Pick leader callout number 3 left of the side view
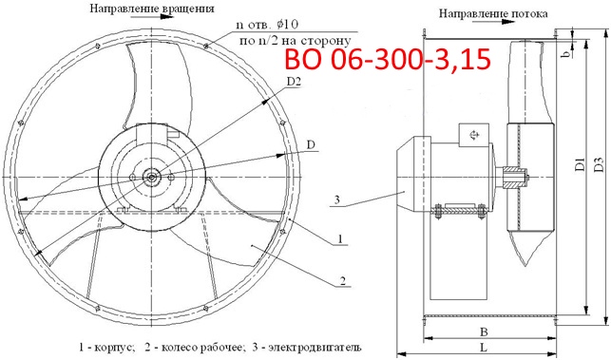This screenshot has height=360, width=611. click(x=336, y=199)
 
